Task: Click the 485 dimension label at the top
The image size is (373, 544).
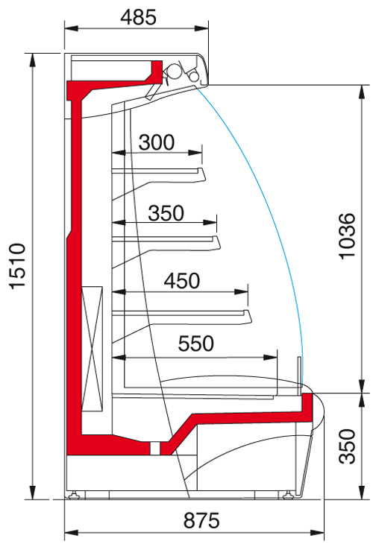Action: tap(138, 17)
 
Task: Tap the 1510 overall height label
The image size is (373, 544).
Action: tap(17, 266)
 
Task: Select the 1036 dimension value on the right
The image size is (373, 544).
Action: tap(347, 236)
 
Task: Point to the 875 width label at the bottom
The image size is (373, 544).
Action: tap(201, 521)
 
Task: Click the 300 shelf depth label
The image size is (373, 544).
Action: tap(156, 142)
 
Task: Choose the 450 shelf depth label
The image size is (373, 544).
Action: tap(182, 281)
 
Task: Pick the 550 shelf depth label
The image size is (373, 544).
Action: tap(196, 344)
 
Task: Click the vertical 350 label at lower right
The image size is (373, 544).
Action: tap(348, 446)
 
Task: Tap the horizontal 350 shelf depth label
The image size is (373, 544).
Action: tap(166, 213)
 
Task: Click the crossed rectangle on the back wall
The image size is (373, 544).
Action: tap(92, 349)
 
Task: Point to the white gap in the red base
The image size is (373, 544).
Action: tap(155, 449)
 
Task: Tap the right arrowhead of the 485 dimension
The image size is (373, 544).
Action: tap(201, 28)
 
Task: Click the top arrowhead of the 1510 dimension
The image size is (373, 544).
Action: tap(33, 60)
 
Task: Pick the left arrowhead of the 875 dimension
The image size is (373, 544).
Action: tap(71, 533)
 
